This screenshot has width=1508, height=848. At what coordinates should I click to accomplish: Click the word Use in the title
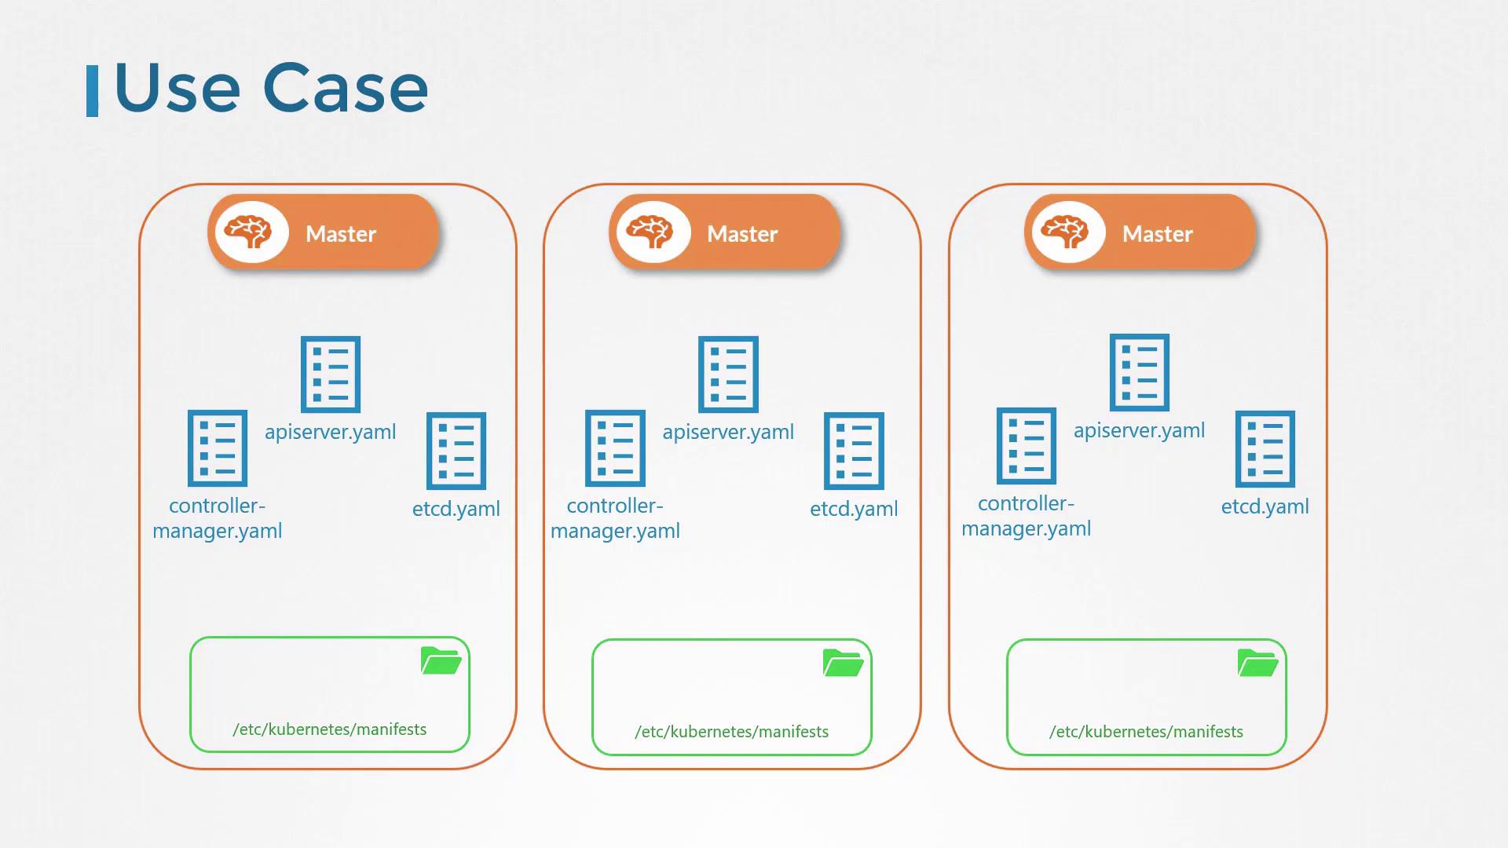tap(177, 88)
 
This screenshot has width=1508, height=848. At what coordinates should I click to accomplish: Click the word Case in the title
tap(346, 88)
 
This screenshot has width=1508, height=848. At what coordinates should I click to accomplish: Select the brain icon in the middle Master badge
tap(651, 232)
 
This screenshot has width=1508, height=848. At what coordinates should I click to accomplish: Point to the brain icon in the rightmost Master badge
tap(1067, 232)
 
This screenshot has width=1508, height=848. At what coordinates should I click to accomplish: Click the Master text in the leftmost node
tap(341, 234)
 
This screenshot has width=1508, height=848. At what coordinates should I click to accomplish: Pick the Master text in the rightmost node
tap(1157, 234)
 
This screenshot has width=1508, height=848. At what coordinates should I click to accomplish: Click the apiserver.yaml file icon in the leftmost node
tap(331, 375)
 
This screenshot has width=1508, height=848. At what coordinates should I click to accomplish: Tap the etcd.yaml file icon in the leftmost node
tap(456, 451)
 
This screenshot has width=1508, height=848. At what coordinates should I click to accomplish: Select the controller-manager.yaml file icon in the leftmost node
tap(218, 448)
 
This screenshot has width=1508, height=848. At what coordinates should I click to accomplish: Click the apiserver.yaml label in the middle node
tap(728, 432)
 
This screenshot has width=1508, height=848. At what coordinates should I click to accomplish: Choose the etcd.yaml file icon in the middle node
tap(854, 451)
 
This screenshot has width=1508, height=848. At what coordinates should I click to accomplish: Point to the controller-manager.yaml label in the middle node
tap(615, 518)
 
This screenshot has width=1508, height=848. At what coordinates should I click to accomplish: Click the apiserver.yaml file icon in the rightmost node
tap(1139, 372)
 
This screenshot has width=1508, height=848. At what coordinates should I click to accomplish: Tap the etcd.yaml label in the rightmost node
tap(1265, 506)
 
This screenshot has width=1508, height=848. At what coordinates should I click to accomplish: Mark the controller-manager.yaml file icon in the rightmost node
tap(1026, 446)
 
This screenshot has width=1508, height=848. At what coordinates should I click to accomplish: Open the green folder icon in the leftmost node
tap(441, 661)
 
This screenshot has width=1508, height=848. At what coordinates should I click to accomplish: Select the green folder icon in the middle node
tap(843, 663)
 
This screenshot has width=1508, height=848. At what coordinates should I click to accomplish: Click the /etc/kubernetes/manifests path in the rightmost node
tap(1146, 732)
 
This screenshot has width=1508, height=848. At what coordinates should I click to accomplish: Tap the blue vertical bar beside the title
tap(92, 91)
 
